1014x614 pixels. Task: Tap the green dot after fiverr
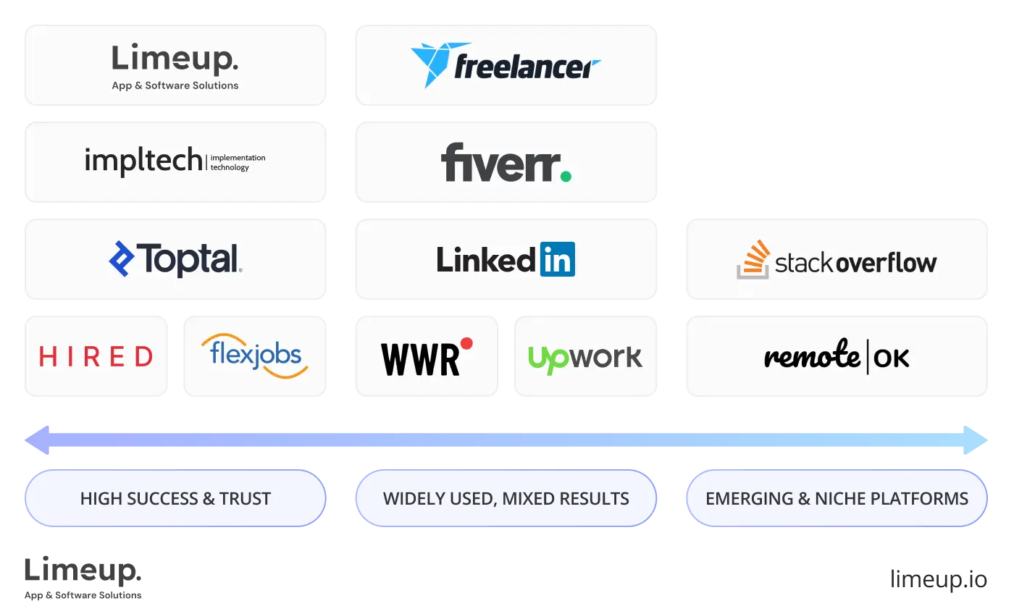pos(565,175)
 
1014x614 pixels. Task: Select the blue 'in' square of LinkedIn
pos(557,259)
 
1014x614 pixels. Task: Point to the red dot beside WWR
pos(466,343)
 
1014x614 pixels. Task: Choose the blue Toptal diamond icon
pos(121,258)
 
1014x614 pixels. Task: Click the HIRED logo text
pos(96,356)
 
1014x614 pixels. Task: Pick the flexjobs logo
pos(254,356)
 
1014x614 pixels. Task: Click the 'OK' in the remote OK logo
pos(892,358)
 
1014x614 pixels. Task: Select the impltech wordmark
pos(143,160)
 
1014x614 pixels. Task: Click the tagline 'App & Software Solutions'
pos(175,85)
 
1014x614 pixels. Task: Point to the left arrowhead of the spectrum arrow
pos(38,440)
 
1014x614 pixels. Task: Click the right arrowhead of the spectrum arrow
pos(976,440)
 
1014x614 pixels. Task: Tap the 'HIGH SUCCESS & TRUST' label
pos(175,498)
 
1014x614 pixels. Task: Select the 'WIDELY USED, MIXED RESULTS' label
pos(506,498)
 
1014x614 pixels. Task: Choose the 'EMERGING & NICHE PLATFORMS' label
pos(837,498)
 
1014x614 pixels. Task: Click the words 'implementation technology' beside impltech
pos(238,162)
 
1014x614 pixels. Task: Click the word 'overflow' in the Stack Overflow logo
pos(887,262)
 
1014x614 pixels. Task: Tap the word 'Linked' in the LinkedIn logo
pos(487,260)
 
